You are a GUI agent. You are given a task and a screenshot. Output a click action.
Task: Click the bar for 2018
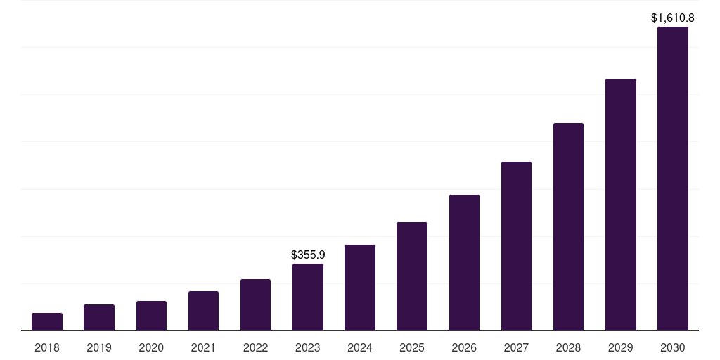47,322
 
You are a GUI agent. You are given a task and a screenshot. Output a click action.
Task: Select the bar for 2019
99,318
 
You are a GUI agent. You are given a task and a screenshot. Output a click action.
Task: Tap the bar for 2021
203,311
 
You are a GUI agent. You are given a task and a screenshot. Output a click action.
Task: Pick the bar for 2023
308,297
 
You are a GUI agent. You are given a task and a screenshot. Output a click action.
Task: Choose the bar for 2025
412,276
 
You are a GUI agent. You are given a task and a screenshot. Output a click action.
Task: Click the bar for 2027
516,246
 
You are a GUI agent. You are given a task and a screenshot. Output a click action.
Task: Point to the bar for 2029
621,205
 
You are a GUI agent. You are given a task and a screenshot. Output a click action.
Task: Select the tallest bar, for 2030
673,179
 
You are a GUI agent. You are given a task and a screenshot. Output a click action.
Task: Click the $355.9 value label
308,255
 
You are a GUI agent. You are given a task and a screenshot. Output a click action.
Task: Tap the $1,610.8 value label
673,18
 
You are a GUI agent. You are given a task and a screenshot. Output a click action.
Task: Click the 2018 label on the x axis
47,347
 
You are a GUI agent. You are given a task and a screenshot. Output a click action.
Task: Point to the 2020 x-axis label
151,347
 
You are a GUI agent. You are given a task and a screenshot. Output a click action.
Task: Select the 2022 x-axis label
256,347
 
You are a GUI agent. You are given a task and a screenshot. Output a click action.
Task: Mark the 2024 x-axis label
360,347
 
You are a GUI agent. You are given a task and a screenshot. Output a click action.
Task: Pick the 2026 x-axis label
464,347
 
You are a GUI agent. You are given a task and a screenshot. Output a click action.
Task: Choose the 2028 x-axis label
568,347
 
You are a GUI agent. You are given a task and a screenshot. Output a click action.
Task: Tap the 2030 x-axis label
673,347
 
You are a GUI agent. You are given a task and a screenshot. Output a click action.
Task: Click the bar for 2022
256,305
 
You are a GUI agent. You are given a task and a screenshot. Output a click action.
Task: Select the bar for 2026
464,263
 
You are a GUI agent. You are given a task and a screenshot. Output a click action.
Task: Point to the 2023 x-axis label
308,347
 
